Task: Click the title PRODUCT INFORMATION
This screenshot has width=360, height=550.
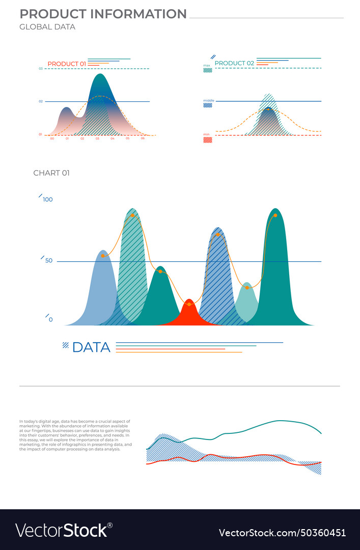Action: pos(103,14)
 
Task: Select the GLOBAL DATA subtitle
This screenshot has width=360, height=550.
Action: pos(47,27)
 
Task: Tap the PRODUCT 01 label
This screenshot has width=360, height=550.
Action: pos(67,64)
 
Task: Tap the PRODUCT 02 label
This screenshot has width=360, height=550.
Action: pos(234,63)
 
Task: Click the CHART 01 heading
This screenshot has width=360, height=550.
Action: pos(51,173)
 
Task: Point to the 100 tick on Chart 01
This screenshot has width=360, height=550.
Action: pos(48,200)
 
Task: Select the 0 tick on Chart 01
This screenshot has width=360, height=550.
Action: pos(50,320)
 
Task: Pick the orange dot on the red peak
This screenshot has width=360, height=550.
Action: pos(189,304)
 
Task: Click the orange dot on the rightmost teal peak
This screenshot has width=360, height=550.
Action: pos(275,215)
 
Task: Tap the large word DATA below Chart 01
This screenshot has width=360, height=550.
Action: pos(91,347)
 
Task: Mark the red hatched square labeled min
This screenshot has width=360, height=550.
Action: pos(207,140)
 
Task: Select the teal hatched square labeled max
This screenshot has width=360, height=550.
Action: pos(207,71)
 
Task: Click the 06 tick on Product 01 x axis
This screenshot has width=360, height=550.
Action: pos(143,139)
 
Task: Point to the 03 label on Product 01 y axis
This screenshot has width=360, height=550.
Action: pos(40,68)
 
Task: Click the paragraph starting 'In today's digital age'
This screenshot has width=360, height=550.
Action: pos(75,435)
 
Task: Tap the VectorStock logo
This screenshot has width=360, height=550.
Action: pos(64,530)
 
